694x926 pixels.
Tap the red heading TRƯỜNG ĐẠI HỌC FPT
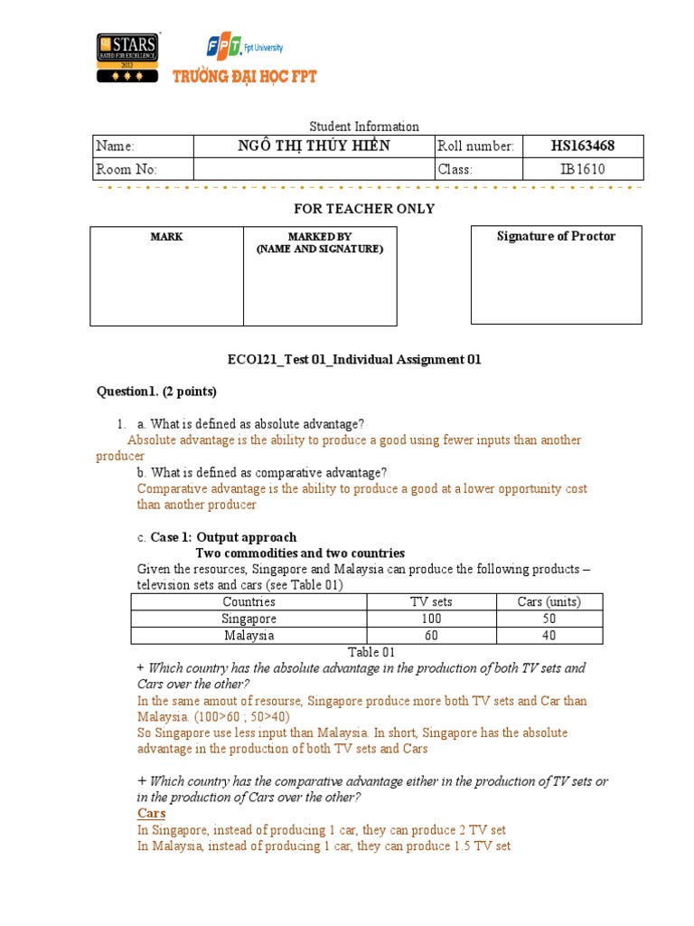[245, 78]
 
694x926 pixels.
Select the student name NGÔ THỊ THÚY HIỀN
[314, 146]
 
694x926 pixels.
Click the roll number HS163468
[582, 146]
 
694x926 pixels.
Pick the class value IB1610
[582, 169]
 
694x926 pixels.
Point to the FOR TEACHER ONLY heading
[364, 209]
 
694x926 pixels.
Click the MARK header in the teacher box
[166, 237]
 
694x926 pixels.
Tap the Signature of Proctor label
[556, 237]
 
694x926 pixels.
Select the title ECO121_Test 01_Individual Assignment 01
[354, 360]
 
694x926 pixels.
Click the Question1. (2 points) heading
[157, 392]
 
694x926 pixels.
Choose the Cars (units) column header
[549, 602]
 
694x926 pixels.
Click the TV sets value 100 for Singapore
[431, 619]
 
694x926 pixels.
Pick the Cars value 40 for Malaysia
[549, 636]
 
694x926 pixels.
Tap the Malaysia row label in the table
[249, 636]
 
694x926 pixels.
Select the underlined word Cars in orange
[151, 814]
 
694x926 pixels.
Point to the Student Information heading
[364, 127]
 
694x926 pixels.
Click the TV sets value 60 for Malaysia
[431, 636]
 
